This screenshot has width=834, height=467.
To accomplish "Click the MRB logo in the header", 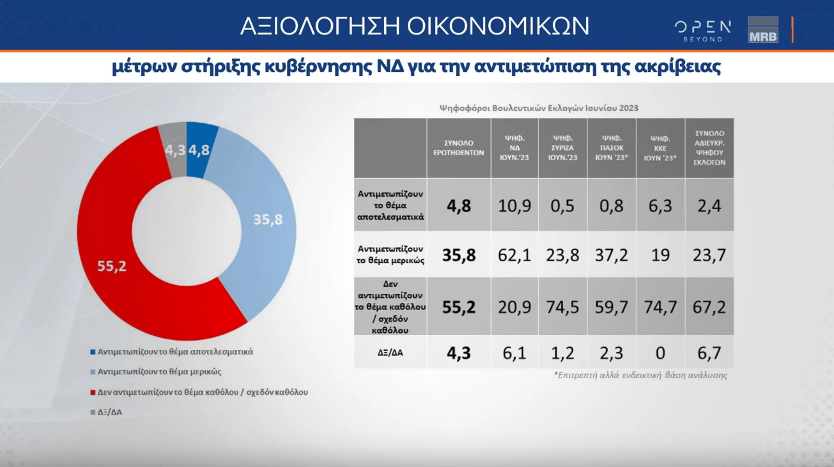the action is pyautogui.click(x=763, y=30).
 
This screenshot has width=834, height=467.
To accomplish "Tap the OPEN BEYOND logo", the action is pyautogui.click(x=702, y=31).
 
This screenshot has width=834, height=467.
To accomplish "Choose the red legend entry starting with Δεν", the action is pyautogui.click(x=199, y=392).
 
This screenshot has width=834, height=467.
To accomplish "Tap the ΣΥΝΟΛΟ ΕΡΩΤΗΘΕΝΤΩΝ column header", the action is pyautogui.click(x=459, y=148).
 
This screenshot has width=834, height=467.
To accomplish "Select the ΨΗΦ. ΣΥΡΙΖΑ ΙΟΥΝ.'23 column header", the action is pyautogui.click(x=562, y=148).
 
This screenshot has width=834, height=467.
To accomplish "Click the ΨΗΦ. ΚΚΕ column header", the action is pyautogui.click(x=660, y=148).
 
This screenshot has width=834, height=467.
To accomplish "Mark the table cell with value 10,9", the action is pyautogui.click(x=514, y=206).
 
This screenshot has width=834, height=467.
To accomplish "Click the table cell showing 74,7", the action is pyautogui.click(x=660, y=307).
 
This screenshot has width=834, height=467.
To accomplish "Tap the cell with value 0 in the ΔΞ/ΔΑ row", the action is pyautogui.click(x=660, y=353).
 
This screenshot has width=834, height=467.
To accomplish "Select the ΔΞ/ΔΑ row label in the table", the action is pyautogui.click(x=390, y=353).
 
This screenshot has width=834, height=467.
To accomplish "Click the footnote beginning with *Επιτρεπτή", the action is pyautogui.click(x=640, y=375).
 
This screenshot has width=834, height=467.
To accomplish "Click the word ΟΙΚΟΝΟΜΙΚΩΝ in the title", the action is pyautogui.click(x=498, y=26).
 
